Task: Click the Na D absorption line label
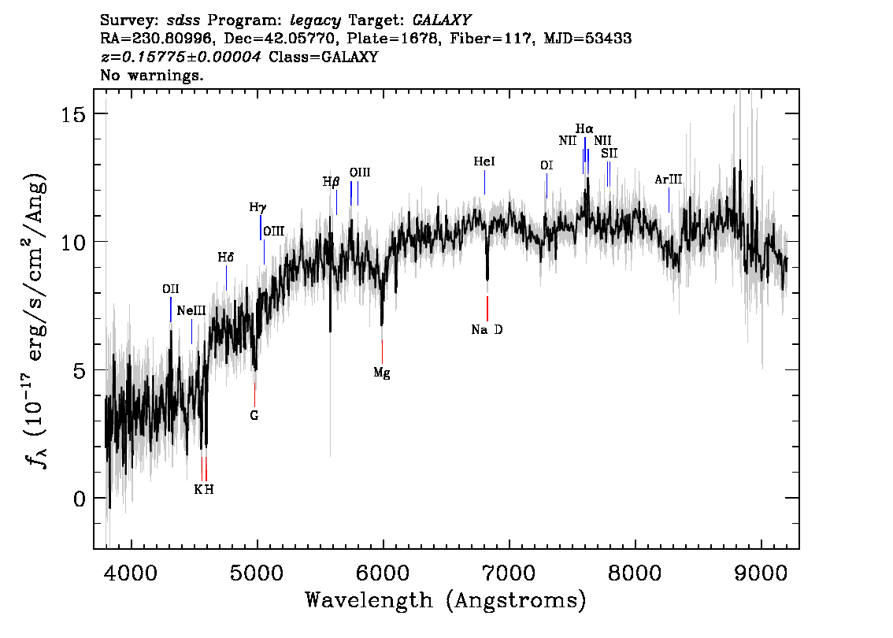[x=487, y=330]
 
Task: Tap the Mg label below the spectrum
[x=382, y=373]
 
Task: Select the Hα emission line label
[x=584, y=128]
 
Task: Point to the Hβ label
[x=331, y=181]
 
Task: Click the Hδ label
[x=226, y=258]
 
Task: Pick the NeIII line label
[x=191, y=311]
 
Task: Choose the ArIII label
[x=669, y=180]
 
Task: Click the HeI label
[x=484, y=161]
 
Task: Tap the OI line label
[x=547, y=165]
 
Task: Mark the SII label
[x=609, y=154]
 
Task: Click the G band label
[x=254, y=414]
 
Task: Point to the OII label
[x=171, y=289]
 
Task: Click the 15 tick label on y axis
[x=74, y=113]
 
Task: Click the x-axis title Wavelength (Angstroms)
[x=446, y=601]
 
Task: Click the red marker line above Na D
[x=487, y=306]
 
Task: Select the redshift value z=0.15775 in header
[x=180, y=57]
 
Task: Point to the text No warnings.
[x=152, y=76]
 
